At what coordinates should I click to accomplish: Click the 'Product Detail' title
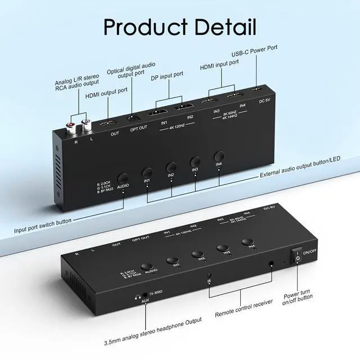point(180,26)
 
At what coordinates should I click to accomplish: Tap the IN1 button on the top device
point(147,172)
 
